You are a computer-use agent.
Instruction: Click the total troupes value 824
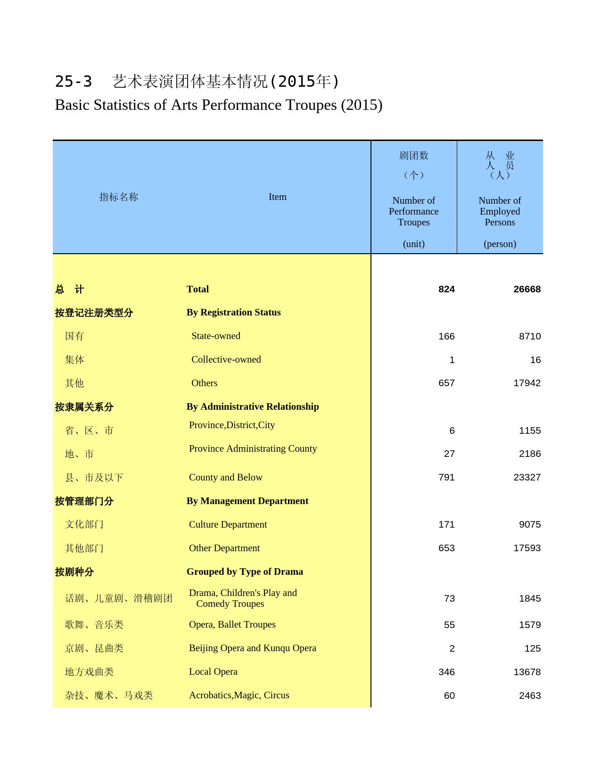point(446,289)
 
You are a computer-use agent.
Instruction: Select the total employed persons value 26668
point(527,289)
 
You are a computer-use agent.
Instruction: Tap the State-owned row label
point(215,336)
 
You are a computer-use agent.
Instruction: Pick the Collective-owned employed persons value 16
point(535,360)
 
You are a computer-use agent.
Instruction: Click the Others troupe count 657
point(446,383)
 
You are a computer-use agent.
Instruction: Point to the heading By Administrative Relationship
point(253,406)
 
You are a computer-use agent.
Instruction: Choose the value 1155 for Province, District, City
point(530,430)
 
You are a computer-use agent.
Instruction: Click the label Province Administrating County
point(253,448)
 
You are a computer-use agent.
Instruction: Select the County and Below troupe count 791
point(446,477)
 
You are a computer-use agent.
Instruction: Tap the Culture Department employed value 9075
point(530,524)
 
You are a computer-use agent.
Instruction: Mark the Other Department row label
point(224,548)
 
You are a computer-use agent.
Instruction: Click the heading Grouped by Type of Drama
point(245,571)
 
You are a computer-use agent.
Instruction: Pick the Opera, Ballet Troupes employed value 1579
point(530,625)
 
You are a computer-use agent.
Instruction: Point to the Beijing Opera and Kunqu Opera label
point(252,648)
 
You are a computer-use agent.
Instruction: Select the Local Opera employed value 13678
point(527,672)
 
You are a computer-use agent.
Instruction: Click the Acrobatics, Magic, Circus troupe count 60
point(449,695)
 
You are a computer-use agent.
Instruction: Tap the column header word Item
point(277,197)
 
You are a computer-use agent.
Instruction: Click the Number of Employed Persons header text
point(500,211)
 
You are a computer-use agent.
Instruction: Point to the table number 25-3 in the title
point(74,82)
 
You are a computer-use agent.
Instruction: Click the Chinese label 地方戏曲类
point(89,672)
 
